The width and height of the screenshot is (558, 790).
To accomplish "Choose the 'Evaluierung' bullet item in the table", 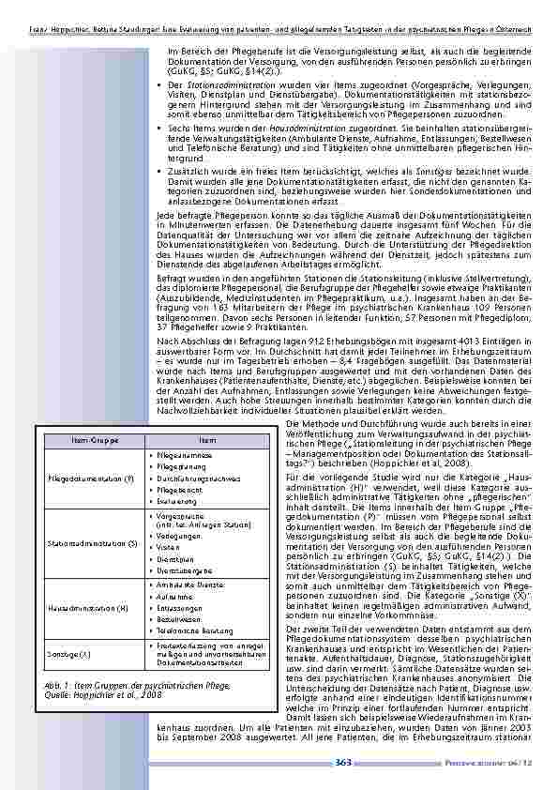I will [x=174, y=502].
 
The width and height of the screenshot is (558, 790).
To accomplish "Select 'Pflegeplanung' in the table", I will [x=178, y=465].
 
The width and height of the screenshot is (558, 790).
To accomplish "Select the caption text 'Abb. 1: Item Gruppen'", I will [x=80, y=688].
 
